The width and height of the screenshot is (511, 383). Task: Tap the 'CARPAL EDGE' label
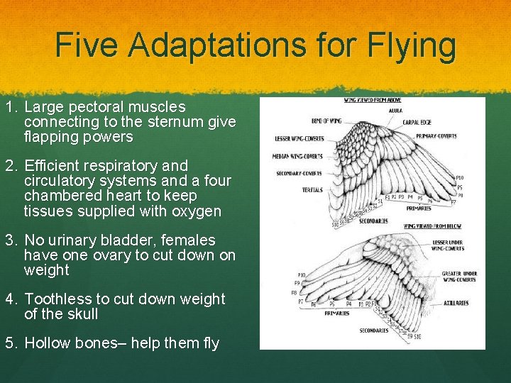click(x=416, y=122)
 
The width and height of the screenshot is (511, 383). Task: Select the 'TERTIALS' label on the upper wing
click(x=312, y=190)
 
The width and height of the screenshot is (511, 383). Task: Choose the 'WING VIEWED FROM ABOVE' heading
click(x=372, y=100)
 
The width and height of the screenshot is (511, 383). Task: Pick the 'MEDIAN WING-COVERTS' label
click(x=297, y=156)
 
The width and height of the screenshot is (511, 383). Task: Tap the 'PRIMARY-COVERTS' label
click(x=436, y=135)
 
